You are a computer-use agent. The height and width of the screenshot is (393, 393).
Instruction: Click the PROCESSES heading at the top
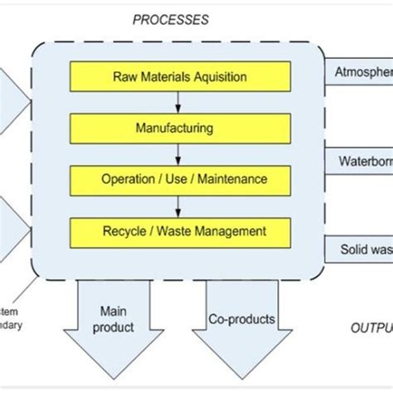[x=171, y=18]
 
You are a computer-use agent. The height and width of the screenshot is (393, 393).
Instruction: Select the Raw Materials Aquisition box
[x=180, y=77]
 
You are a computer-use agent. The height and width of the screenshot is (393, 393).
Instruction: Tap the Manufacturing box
[x=180, y=128]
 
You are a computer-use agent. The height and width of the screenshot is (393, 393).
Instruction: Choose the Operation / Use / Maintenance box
[x=180, y=178]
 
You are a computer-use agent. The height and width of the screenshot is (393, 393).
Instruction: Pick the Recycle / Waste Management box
[x=180, y=230]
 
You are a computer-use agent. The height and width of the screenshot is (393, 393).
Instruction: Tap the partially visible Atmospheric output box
[x=360, y=71]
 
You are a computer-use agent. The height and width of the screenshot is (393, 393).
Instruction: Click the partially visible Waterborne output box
[x=360, y=160]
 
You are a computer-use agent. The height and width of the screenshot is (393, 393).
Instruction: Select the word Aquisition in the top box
[x=216, y=77]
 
